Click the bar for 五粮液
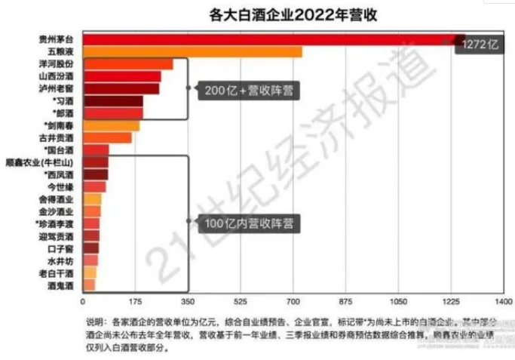(x=192, y=51)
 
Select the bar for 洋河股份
(x=127, y=64)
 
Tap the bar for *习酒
(x=112, y=100)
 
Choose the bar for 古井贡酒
(x=106, y=138)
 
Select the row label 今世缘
(x=61, y=186)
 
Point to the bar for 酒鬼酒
(x=88, y=285)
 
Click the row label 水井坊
(x=61, y=260)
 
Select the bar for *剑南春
(x=110, y=125)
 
